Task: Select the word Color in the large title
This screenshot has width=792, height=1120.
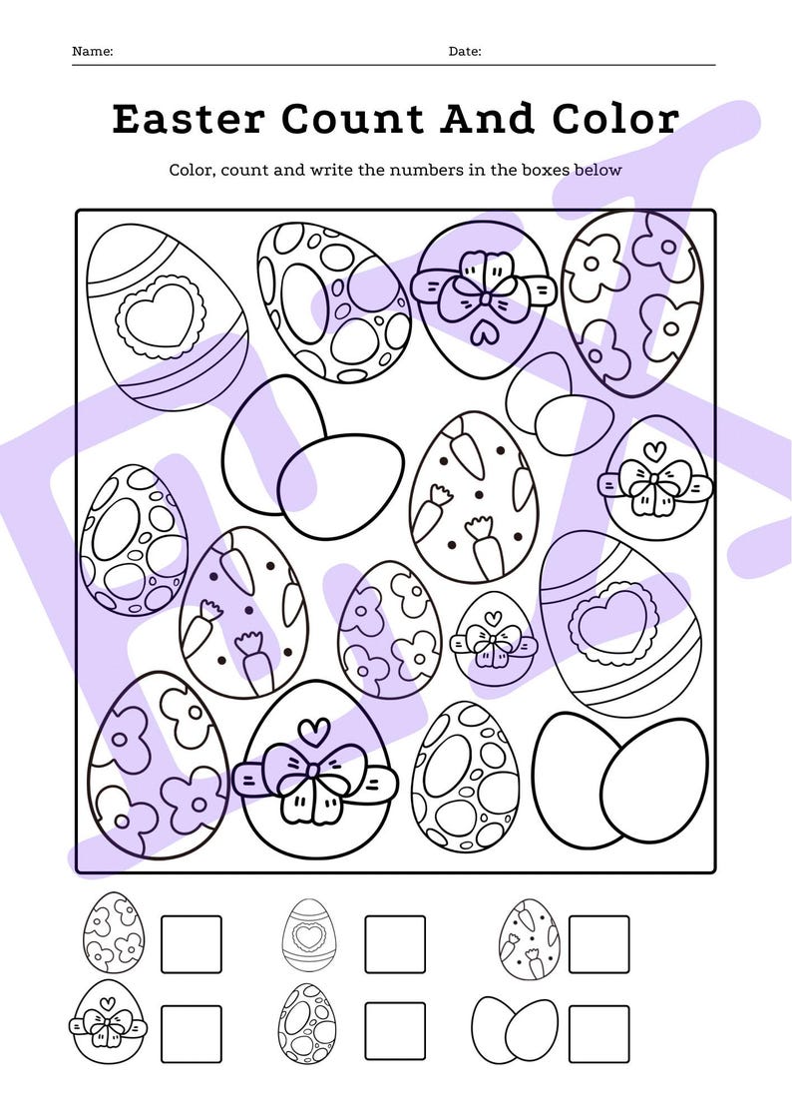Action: point(615,120)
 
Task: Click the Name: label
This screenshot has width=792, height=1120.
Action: point(93,51)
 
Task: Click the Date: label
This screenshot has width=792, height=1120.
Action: point(465,51)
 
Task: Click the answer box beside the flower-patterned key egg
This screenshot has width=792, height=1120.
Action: point(192,943)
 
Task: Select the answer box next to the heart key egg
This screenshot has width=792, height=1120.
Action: point(395,943)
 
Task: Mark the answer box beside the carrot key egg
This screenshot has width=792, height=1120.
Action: point(598,943)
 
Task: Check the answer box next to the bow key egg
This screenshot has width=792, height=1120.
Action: point(192,1033)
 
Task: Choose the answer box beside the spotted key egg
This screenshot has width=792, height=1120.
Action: point(395,1033)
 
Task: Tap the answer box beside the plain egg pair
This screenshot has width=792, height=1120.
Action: point(598,1033)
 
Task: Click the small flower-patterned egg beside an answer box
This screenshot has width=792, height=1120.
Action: point(113,933)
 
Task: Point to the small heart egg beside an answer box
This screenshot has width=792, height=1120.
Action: point(309,934)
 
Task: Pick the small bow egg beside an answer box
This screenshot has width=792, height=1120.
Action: point(106,1021)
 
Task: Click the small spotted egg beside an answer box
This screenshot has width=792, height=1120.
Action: point(307,1023)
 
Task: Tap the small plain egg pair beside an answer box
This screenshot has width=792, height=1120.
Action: point(515,1028)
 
